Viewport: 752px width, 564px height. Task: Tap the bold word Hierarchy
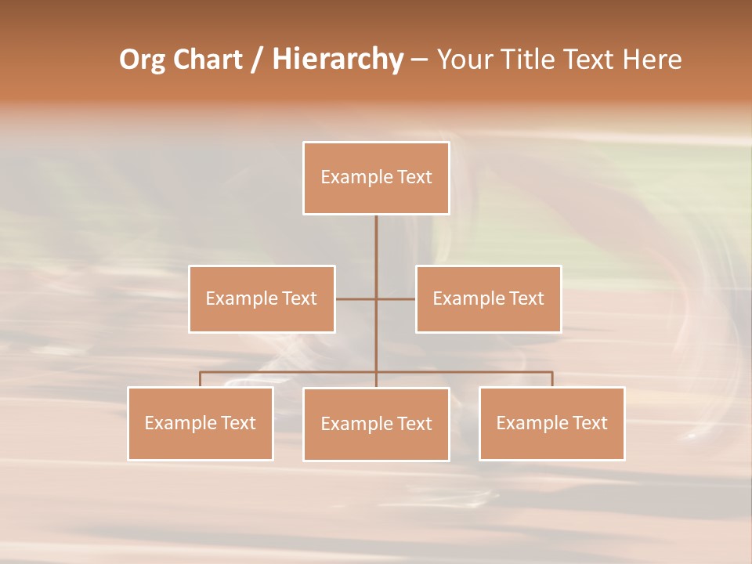tap(337, 60)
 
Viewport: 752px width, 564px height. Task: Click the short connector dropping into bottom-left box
tap(200, 379)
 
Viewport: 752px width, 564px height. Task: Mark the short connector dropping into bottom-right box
tap(552, 379)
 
